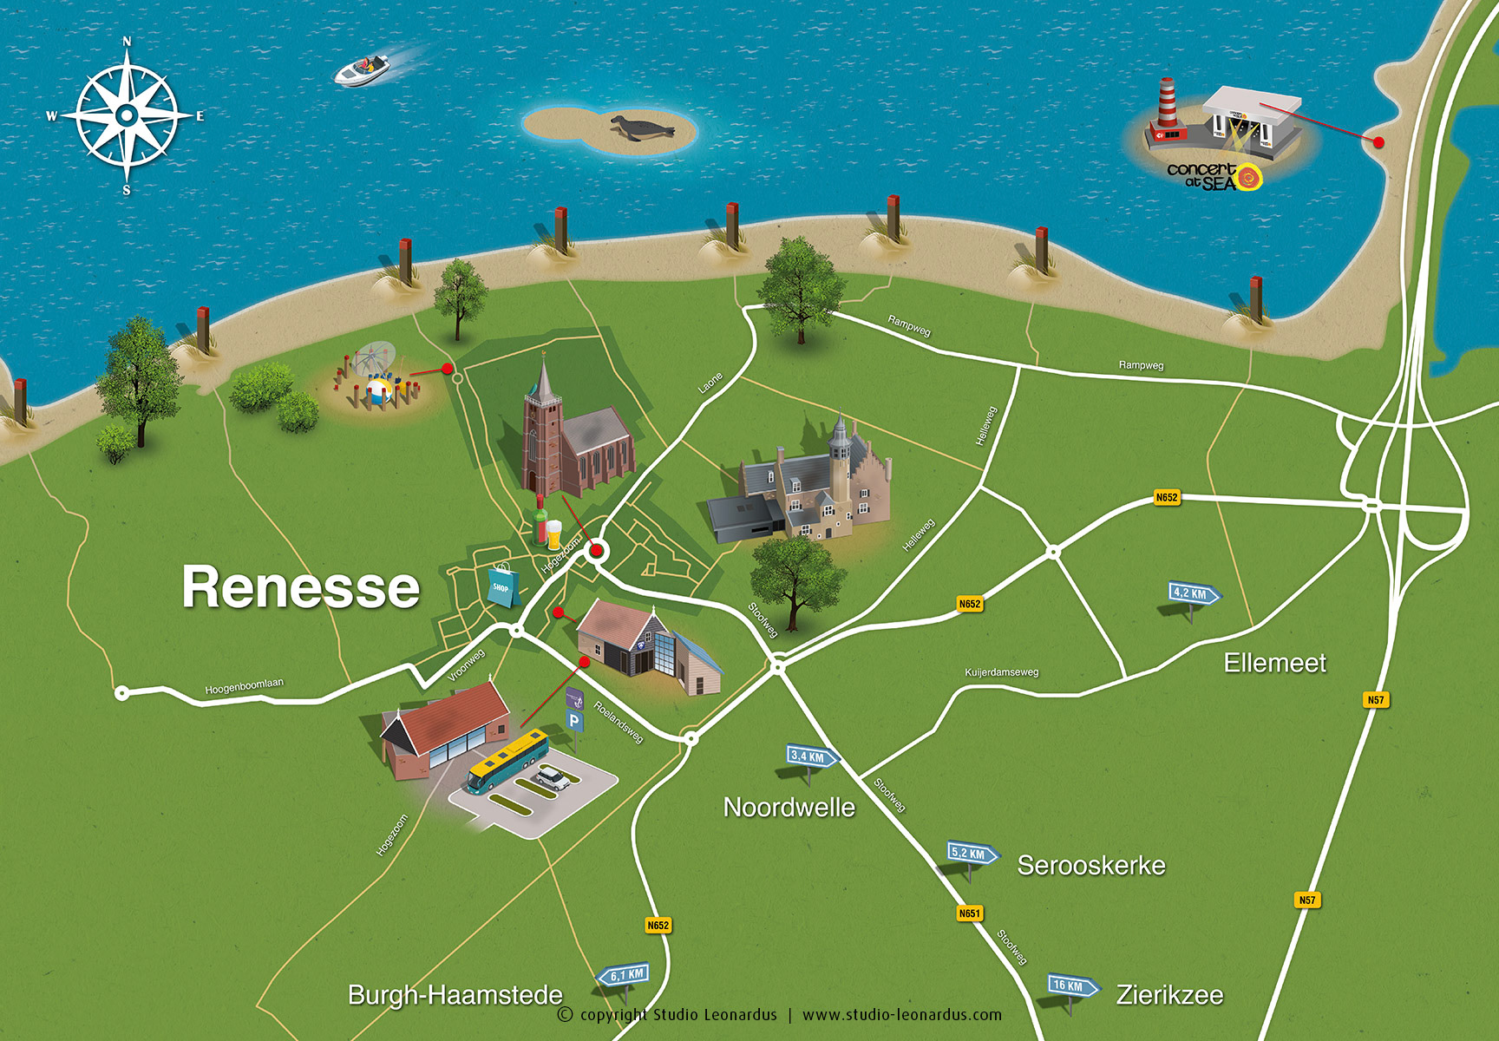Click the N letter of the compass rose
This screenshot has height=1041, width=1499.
coord(128,42)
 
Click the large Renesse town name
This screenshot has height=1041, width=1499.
coord(300,587)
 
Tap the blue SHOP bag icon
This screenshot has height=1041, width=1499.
coord(503,586)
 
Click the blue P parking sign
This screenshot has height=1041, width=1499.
coord(574,721)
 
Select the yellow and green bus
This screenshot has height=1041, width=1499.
coord(508,762)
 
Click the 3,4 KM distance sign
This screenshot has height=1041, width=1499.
coord(811,756)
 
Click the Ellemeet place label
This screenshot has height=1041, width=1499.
coord(1274,663)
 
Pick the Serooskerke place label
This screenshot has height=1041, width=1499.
coord(1090,865)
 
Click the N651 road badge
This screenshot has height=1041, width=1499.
coord(969,913)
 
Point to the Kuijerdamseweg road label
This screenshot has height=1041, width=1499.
coord(1001,672)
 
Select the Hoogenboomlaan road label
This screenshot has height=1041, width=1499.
coord(244,686)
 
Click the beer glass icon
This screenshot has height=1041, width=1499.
coord(553,535)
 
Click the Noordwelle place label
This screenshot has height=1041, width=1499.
coord(789,808)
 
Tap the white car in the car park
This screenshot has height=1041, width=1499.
coord(553,778)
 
